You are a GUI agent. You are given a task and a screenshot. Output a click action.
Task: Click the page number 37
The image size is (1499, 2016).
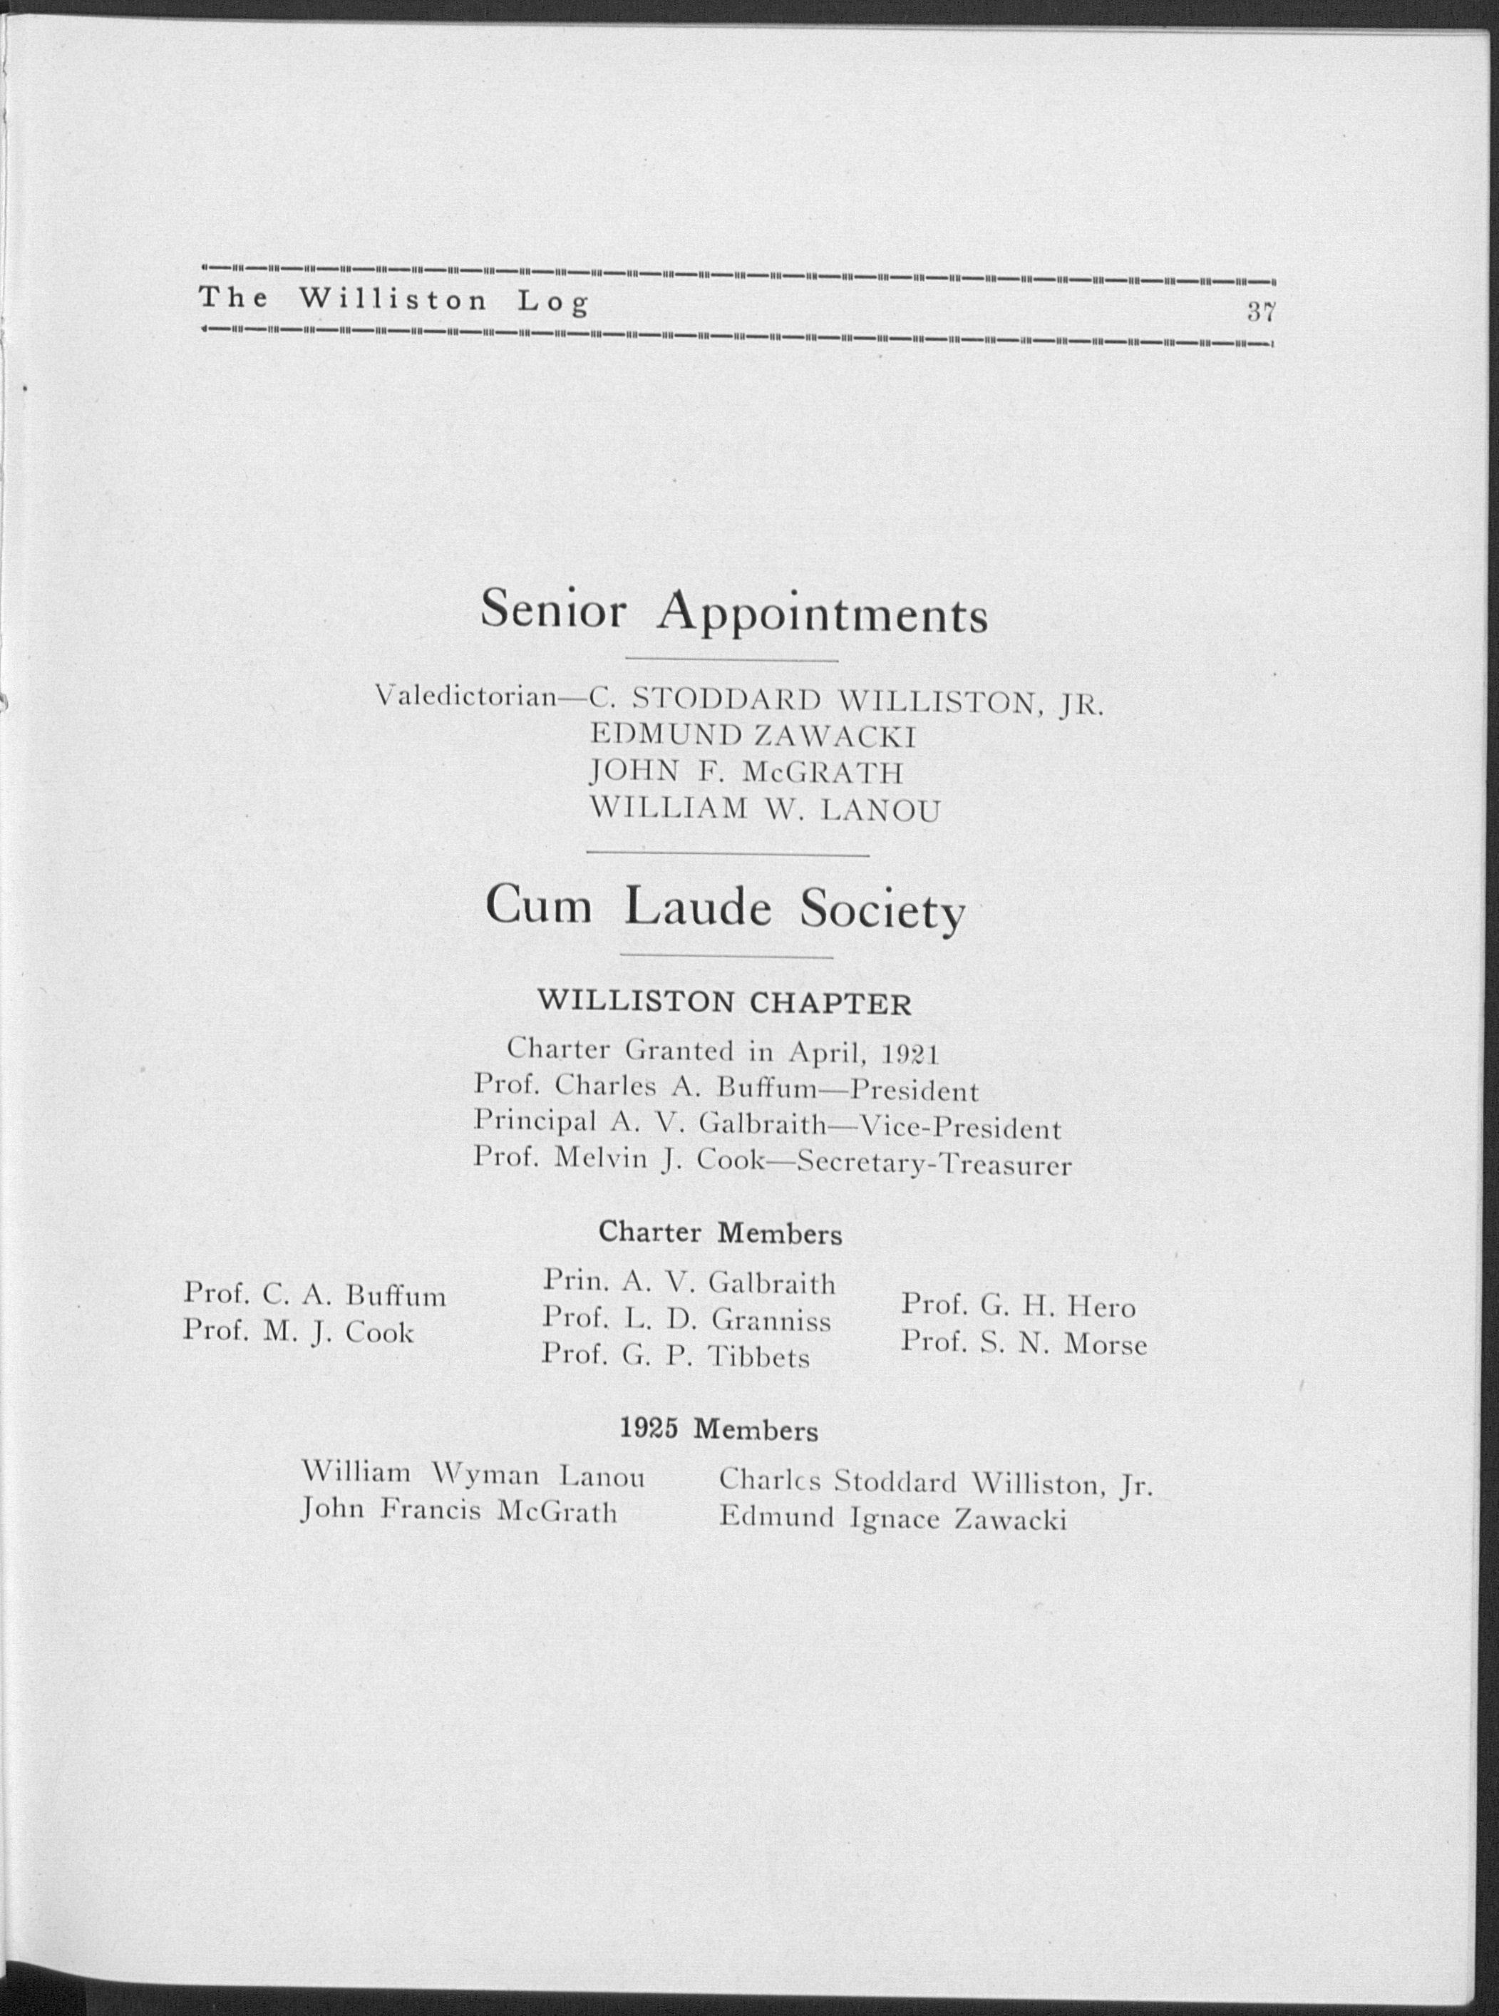pos(1261,313)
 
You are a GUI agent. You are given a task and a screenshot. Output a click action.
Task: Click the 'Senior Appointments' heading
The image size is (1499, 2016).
pos(733,612)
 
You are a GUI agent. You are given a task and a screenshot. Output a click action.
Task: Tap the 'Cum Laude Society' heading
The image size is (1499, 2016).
pos(724,908)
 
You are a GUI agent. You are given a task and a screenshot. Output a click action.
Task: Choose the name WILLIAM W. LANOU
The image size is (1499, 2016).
pos(765,809)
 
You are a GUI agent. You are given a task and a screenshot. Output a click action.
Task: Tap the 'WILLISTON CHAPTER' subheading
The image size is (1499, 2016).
pos(725,1002)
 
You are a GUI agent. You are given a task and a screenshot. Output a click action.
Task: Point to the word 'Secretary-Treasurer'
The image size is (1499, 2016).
pos(934,1164)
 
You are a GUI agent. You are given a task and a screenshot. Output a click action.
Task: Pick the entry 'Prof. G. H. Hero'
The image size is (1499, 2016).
pos(1018,1307)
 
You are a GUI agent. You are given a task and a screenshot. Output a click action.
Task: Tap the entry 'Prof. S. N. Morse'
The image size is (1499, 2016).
pos(1024,1344)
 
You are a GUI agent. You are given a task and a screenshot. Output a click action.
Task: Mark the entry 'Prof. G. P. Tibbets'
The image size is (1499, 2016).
pos(675,1357)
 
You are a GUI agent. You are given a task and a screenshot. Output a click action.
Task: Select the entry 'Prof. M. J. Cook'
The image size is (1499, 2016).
pos(299,1332)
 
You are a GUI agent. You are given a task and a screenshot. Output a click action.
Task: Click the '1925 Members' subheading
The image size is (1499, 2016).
pos(718,1431)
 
